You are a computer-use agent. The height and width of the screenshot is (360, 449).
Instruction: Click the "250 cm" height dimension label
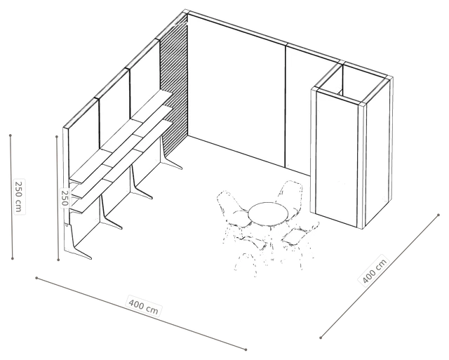click(x=18, y=196)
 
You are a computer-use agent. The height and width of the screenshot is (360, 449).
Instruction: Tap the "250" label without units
click(x=65, y=198)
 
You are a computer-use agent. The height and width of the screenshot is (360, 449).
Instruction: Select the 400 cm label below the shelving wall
click(x=143, y=306)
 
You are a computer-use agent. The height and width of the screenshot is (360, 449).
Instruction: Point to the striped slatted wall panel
click(x=174, y=77)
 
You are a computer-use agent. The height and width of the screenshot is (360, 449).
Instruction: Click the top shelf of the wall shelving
click(x=121, y=138)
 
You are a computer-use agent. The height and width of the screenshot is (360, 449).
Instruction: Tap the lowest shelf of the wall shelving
click(x=121, y=167)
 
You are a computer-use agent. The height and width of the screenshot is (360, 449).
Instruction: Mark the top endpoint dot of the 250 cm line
click(x=11, y=135)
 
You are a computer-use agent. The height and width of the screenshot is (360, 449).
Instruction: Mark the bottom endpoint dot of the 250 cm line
click(x=13, y=259)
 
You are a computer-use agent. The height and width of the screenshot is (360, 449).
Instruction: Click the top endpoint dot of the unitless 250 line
click(x=57, y=137)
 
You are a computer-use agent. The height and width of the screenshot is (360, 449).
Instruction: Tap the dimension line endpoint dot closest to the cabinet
click(x=438, y=215)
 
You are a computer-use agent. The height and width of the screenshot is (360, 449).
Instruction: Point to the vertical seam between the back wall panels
click(x=286, y=105)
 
